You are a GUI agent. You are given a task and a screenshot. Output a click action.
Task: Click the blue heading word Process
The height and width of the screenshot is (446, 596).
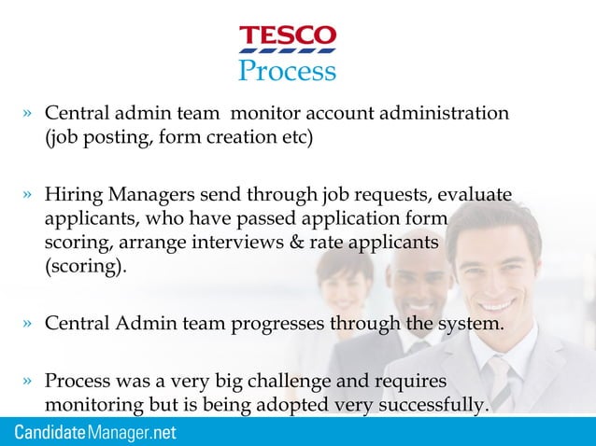pos(287,70)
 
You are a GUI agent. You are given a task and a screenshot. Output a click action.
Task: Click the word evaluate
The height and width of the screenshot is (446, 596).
pos(473,195)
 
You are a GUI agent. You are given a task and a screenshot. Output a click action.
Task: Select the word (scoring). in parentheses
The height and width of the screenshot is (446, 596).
pos(83,265)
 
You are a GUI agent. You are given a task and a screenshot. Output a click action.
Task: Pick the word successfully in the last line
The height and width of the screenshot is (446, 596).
pos(435,405)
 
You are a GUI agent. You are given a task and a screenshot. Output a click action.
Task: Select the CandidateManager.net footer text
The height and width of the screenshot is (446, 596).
pos(95,434)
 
